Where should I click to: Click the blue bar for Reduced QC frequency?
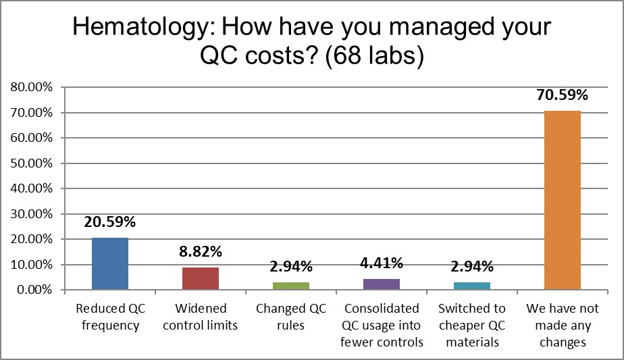(110, 264)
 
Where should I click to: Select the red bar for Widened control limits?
(201, 279)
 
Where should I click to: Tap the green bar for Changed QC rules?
(291, 286)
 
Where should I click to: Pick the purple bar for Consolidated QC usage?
(382, 284)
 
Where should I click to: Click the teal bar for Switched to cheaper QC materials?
(472, 286)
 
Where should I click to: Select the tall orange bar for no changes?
(563, 201)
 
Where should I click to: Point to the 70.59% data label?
(563, 95)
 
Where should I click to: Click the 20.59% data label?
(110, 222)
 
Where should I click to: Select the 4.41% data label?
(382, 263)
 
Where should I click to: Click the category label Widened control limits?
(201, 317)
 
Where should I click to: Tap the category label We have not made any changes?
(563, 326)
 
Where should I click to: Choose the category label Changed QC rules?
(291, 317)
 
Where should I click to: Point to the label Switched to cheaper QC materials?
(472, 326)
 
